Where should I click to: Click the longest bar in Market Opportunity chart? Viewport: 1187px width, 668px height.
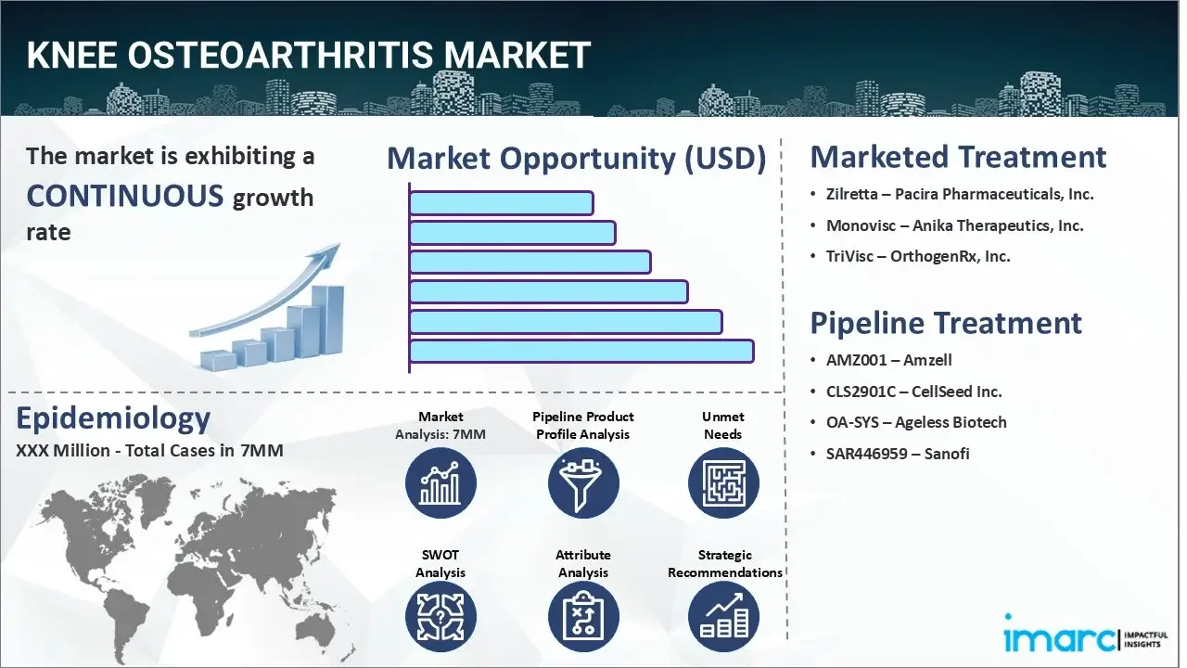tap(581, 351)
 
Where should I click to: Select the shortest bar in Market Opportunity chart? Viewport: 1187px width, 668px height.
tap(501, 202)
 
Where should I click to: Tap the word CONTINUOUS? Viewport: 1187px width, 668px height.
tap(124, 196)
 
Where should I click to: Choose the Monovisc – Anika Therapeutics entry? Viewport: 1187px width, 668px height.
tap(954, 225)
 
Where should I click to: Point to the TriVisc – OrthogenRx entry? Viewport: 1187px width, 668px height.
tap(917, 256)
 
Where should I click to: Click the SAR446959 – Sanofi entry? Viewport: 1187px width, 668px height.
tap(897, 454)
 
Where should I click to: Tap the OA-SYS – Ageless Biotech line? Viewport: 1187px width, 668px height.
tap(915, 422)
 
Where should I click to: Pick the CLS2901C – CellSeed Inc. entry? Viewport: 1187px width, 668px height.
tap(913, 392)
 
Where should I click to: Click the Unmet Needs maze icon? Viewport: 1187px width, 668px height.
tap(723, 482)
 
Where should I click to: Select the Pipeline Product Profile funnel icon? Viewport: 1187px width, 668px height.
tap(583, 482)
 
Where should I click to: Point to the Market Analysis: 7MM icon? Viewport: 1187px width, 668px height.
tap(440, 482)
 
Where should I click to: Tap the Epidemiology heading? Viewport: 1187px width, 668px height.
tap(113, 418)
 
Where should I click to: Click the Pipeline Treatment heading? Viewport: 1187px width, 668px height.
tap(946, 323)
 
